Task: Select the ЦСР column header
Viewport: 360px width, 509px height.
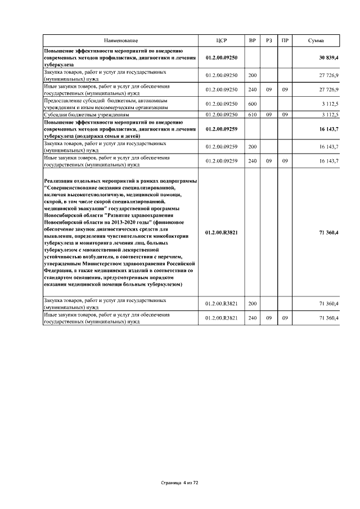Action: (222, 41)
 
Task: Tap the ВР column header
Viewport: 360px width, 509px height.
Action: (252, 41)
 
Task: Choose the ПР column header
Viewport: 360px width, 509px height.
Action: (285, 41)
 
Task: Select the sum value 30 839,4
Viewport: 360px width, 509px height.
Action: (328, 58)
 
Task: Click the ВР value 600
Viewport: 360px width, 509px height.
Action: (252, 103)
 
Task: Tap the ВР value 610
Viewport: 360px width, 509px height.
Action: (252, 115)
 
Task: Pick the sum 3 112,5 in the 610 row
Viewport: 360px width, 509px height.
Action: (330, 115)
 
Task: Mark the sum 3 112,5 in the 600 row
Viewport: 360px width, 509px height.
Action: (330, 103)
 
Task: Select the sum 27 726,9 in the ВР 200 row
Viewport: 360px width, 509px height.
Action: (328, 75)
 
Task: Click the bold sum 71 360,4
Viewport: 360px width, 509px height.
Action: (328, 232)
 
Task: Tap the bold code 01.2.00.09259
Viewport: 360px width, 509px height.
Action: (222, 129)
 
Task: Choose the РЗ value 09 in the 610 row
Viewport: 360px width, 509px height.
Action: (269, 115)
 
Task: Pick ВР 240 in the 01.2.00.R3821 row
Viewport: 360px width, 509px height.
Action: (252, 318)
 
